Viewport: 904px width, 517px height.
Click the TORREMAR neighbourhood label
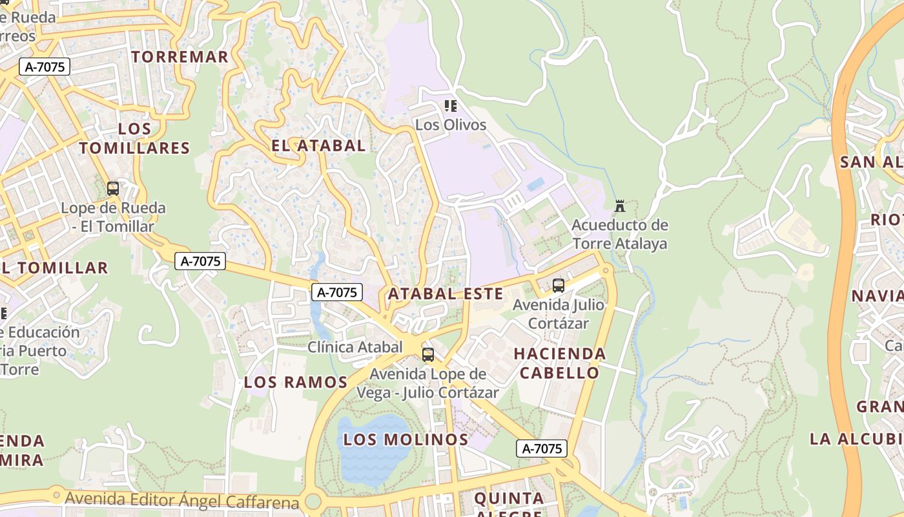point(180,57)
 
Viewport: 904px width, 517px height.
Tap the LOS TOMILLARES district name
point(135,138)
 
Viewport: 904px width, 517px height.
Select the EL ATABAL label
point(318,145)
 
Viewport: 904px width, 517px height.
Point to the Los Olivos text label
point(451,124)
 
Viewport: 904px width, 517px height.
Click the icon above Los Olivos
point(451,105)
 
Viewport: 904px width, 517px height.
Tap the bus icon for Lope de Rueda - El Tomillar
point(113,189)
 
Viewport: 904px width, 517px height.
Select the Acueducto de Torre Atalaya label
point(620,235)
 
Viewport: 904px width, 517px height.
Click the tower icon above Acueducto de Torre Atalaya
point(620,206)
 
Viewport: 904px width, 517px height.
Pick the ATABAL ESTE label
point(445,293)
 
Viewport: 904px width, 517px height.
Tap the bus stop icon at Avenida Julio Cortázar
point(559,285)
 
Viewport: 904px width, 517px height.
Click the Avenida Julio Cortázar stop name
point(559,313)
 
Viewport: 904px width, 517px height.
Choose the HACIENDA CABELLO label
point(560,363)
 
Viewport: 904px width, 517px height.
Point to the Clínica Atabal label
point(355,347)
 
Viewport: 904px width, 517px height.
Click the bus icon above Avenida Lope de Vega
point(427,354)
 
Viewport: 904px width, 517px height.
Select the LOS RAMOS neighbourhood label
point(296,382)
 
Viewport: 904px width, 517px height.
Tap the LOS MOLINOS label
point(406,439)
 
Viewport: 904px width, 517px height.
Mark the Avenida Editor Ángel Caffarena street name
point(182,500)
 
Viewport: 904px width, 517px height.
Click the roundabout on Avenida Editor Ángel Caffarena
point(314,501)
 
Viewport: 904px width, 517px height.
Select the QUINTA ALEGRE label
point(509,504)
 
